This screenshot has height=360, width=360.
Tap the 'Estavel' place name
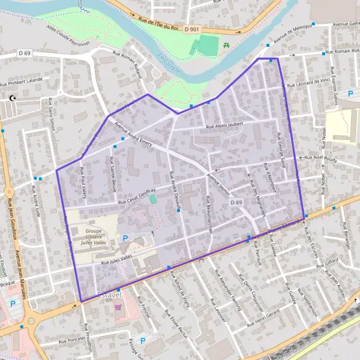click(x=109, y=294)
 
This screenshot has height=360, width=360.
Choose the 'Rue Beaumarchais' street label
click(x=208, y=215)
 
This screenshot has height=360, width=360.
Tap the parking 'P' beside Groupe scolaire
click(x=125, y=238)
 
